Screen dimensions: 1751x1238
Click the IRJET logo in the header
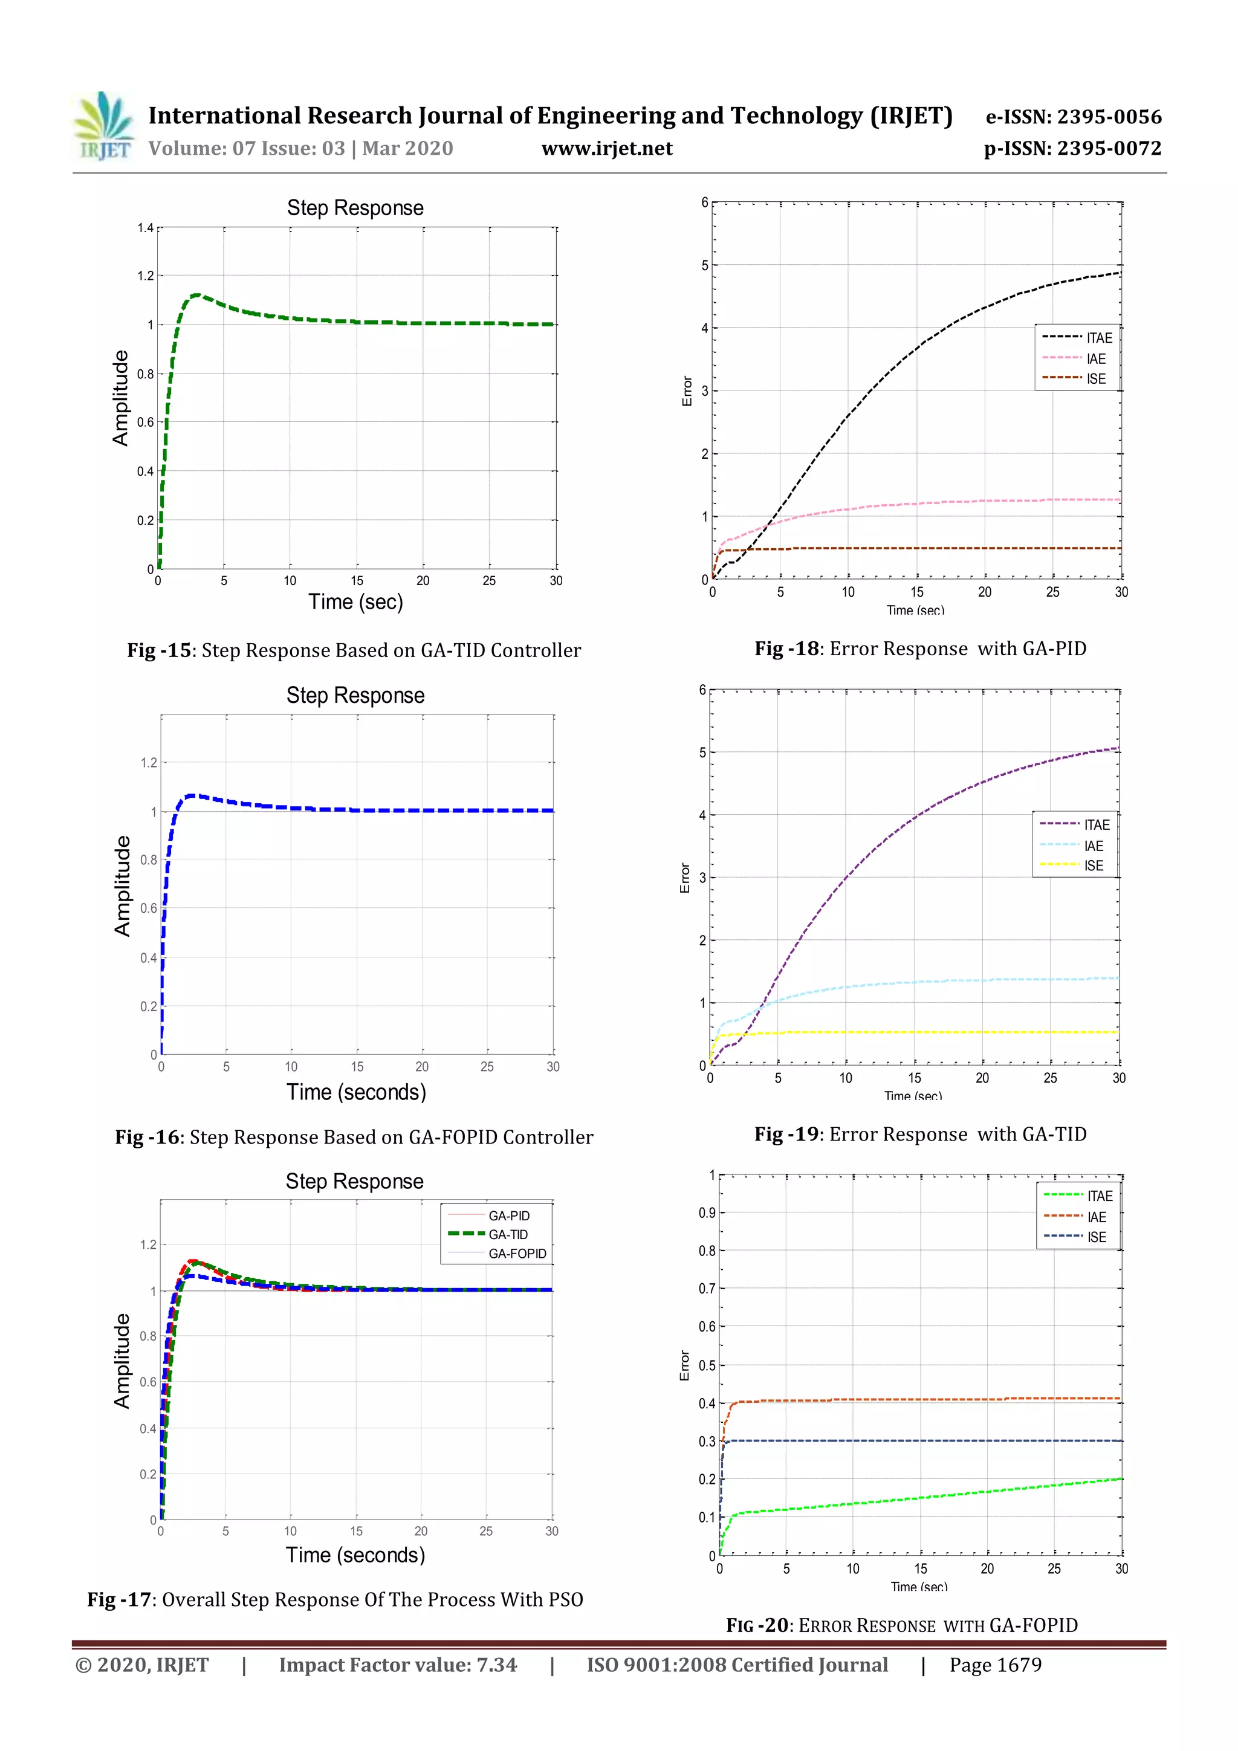click(x=105, y=126)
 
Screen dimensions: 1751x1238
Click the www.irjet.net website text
click(x=606, y=148)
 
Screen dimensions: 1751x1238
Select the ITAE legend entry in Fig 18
click(x=1098, y=338)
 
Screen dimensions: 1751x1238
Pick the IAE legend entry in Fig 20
click(x=1096, y=1217)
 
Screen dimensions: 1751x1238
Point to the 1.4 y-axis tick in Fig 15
click(x=145, y=228)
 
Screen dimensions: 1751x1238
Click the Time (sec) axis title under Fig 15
click(x=355, y=602)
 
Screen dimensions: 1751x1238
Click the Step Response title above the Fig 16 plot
click(x=355, y=696)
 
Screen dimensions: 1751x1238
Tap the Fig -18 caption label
click(x=786, y=649)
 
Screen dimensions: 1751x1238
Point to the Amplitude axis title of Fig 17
click(x=122, y=1361)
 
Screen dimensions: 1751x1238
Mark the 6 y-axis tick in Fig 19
click(x=702, y=690)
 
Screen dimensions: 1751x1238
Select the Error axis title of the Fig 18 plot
click(x=687, y=391)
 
